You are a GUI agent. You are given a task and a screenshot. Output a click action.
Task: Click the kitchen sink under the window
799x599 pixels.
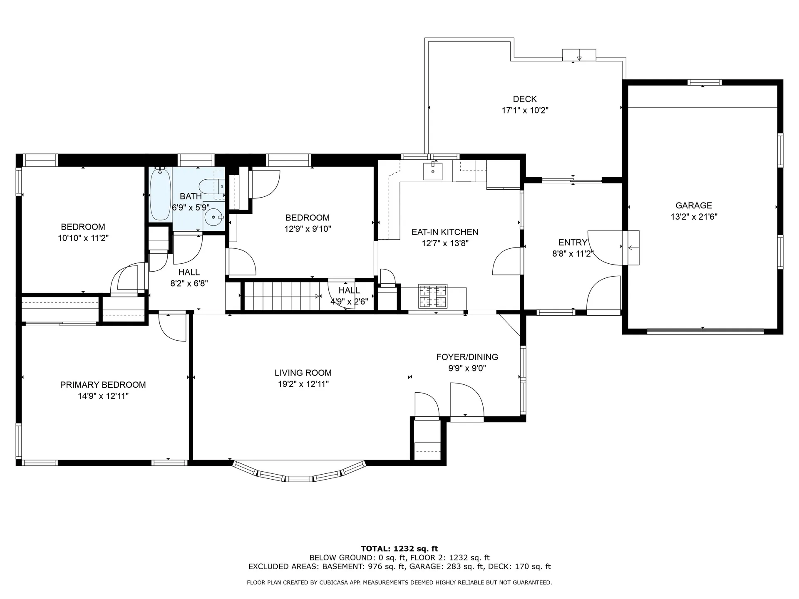433,171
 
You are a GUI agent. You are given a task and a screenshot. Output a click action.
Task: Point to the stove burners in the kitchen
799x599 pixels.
433,296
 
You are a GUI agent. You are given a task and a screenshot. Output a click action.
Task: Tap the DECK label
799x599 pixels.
525,99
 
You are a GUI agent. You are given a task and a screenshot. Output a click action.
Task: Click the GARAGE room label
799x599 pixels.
694,205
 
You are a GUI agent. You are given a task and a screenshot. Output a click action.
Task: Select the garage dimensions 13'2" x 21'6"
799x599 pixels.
694,217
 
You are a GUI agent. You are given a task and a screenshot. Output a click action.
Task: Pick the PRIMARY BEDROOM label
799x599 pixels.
103,385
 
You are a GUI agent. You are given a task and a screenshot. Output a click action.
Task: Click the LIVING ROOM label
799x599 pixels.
303,373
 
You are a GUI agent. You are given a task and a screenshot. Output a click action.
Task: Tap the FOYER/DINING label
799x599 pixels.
467,357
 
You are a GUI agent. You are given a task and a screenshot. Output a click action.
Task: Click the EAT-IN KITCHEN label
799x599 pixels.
445,232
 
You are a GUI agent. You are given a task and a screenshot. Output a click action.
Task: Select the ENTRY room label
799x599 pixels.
573,243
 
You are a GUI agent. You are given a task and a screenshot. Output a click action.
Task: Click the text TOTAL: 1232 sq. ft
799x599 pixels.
399,549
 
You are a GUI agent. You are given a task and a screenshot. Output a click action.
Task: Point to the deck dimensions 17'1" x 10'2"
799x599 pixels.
525,111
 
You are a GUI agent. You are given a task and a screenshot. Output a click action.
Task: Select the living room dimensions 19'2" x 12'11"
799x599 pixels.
303,384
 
